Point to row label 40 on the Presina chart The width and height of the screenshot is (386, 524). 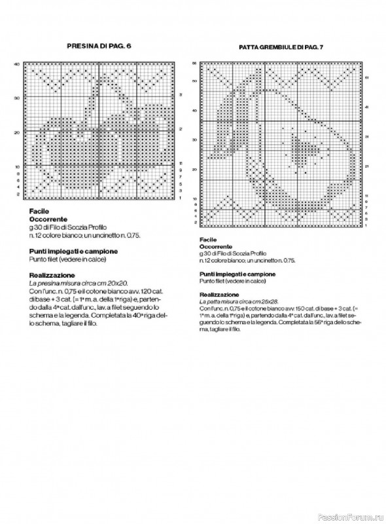pos(18,64)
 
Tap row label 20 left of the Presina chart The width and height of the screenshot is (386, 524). pos(18,132)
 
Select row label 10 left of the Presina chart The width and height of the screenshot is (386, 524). pos(18,166)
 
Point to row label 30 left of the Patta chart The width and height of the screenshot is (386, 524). pos(194,140)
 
